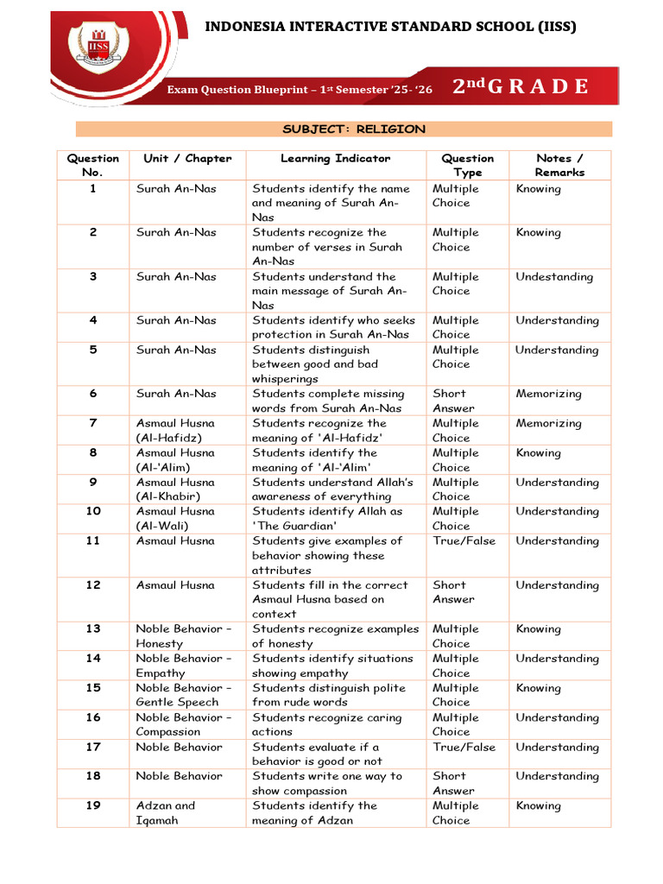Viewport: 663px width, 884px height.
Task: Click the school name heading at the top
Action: coord(390,27)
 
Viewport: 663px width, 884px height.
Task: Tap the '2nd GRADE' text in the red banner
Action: coord(521,86)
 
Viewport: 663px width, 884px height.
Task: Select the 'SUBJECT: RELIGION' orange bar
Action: coord(344,129)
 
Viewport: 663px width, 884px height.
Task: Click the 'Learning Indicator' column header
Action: coord(335,159)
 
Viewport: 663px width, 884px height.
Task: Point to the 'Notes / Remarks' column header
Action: coord(559,165)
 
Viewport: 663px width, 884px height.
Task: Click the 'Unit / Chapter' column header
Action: coord(187,159)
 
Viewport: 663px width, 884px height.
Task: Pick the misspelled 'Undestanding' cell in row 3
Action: coord(554,277)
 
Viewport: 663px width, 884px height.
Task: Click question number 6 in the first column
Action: coord(93,394)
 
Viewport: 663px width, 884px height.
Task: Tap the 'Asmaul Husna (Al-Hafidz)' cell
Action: coord(176,430)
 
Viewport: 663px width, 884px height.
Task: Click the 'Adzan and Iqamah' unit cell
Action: coord(166,812)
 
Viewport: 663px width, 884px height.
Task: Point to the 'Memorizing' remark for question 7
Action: coord(549,424)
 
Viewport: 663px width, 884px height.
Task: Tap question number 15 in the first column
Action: coord(93,688)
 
